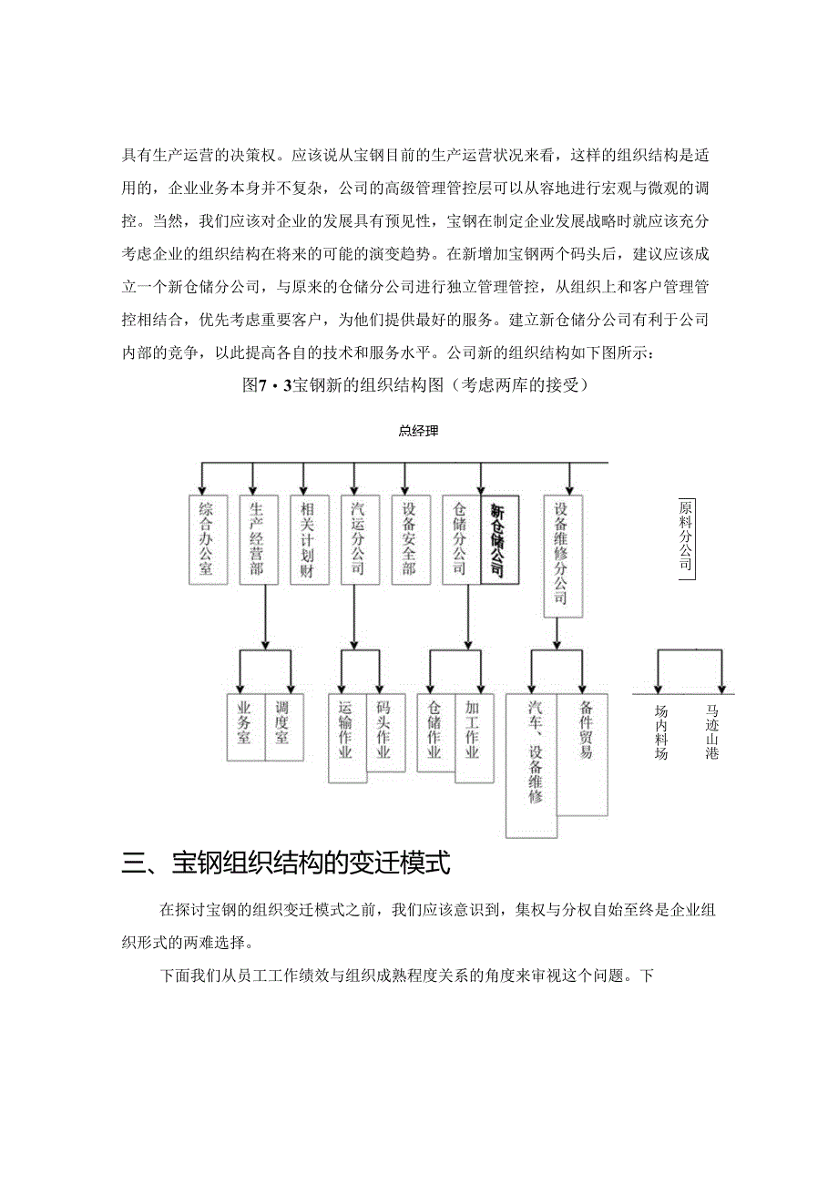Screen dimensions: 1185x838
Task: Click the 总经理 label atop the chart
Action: [418, 431]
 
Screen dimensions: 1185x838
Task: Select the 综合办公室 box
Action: [206, 539]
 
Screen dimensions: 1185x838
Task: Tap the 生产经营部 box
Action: [257, 539]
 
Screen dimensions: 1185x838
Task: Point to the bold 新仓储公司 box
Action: [498, 539]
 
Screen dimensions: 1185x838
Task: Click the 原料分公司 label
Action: [686, 536]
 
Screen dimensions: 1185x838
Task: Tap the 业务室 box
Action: [244, 727]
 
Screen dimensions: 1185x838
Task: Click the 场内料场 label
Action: [661, 732]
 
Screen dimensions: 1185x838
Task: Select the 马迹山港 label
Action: [712, 732]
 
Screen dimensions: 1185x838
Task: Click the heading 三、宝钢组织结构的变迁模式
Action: [286, 863]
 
